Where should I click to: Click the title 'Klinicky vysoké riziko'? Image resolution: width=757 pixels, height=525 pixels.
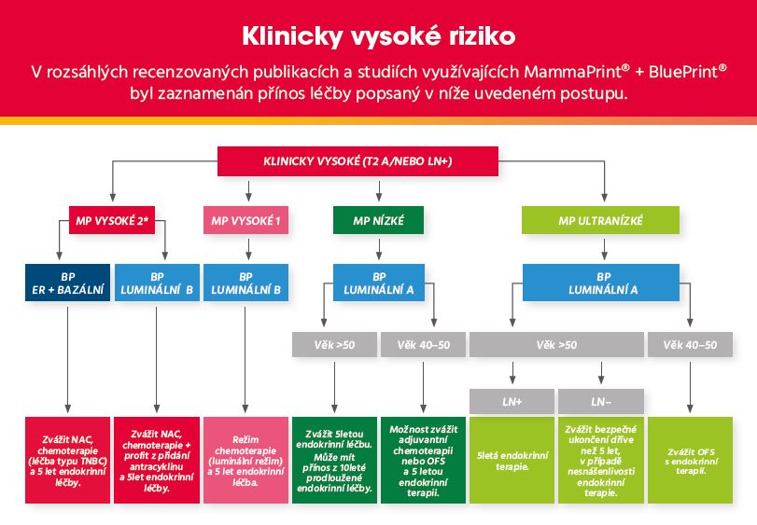pos(379,36)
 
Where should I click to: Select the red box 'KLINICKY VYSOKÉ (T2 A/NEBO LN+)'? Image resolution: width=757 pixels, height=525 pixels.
pos(357,161)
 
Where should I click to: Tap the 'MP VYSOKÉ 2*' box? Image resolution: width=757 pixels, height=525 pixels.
pos(112,220)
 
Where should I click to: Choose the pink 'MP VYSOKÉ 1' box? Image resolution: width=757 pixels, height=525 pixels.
pos(245,220)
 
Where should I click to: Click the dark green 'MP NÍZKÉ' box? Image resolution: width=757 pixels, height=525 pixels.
pos(379,220)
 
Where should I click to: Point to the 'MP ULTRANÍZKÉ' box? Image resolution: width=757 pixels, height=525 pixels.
pos(600,220)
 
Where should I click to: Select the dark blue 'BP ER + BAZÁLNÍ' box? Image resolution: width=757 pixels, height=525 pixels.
pos(67,283)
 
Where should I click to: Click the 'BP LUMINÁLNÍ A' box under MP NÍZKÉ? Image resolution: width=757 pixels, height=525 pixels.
pos(379,283)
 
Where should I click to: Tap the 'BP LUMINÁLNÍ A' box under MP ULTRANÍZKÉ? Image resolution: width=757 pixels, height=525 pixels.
pos(601,283)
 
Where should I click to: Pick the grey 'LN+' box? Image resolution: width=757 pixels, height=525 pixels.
pos(512,401)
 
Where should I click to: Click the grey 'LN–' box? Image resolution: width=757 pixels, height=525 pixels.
pos(601,401)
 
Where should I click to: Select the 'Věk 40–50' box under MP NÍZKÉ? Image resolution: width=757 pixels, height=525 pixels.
pos(424,345)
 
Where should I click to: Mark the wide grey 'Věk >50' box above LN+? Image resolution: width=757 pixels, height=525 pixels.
pos(556,345)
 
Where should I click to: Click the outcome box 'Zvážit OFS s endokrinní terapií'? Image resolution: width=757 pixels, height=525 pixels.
pos(690,461)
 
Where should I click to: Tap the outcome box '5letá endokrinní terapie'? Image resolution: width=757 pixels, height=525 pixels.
pos(512,461)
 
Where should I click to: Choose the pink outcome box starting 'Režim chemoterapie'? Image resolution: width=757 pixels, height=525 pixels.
pos(245,461)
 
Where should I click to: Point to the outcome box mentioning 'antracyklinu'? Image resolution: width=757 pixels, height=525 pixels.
pos(157,461)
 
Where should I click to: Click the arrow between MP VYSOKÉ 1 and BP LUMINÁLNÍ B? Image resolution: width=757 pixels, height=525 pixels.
pos(248,249)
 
